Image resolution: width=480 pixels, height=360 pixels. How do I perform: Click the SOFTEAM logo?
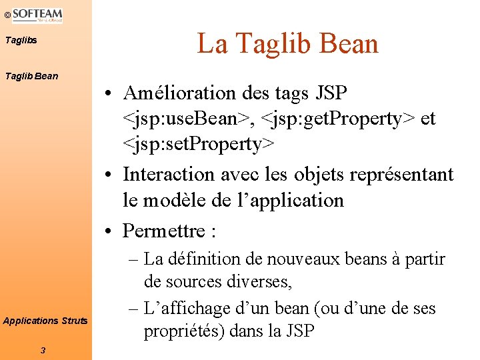(x=37, y=15)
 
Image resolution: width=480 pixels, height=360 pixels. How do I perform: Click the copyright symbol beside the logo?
(x=6, y=14)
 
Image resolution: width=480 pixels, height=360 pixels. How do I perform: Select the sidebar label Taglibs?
(x=21, y=41)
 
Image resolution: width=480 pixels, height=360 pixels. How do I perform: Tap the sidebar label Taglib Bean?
(x=31, y=76)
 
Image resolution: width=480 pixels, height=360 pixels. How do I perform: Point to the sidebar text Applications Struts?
(x=45, y=321)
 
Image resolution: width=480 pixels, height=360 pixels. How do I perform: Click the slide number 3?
(x=43, y=350)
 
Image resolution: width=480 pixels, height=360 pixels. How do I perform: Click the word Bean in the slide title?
(x=349, y=44)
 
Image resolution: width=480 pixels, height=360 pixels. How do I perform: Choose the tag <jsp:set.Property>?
(x=198, y=144)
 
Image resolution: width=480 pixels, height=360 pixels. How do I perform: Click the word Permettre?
(x=163, y=231)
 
